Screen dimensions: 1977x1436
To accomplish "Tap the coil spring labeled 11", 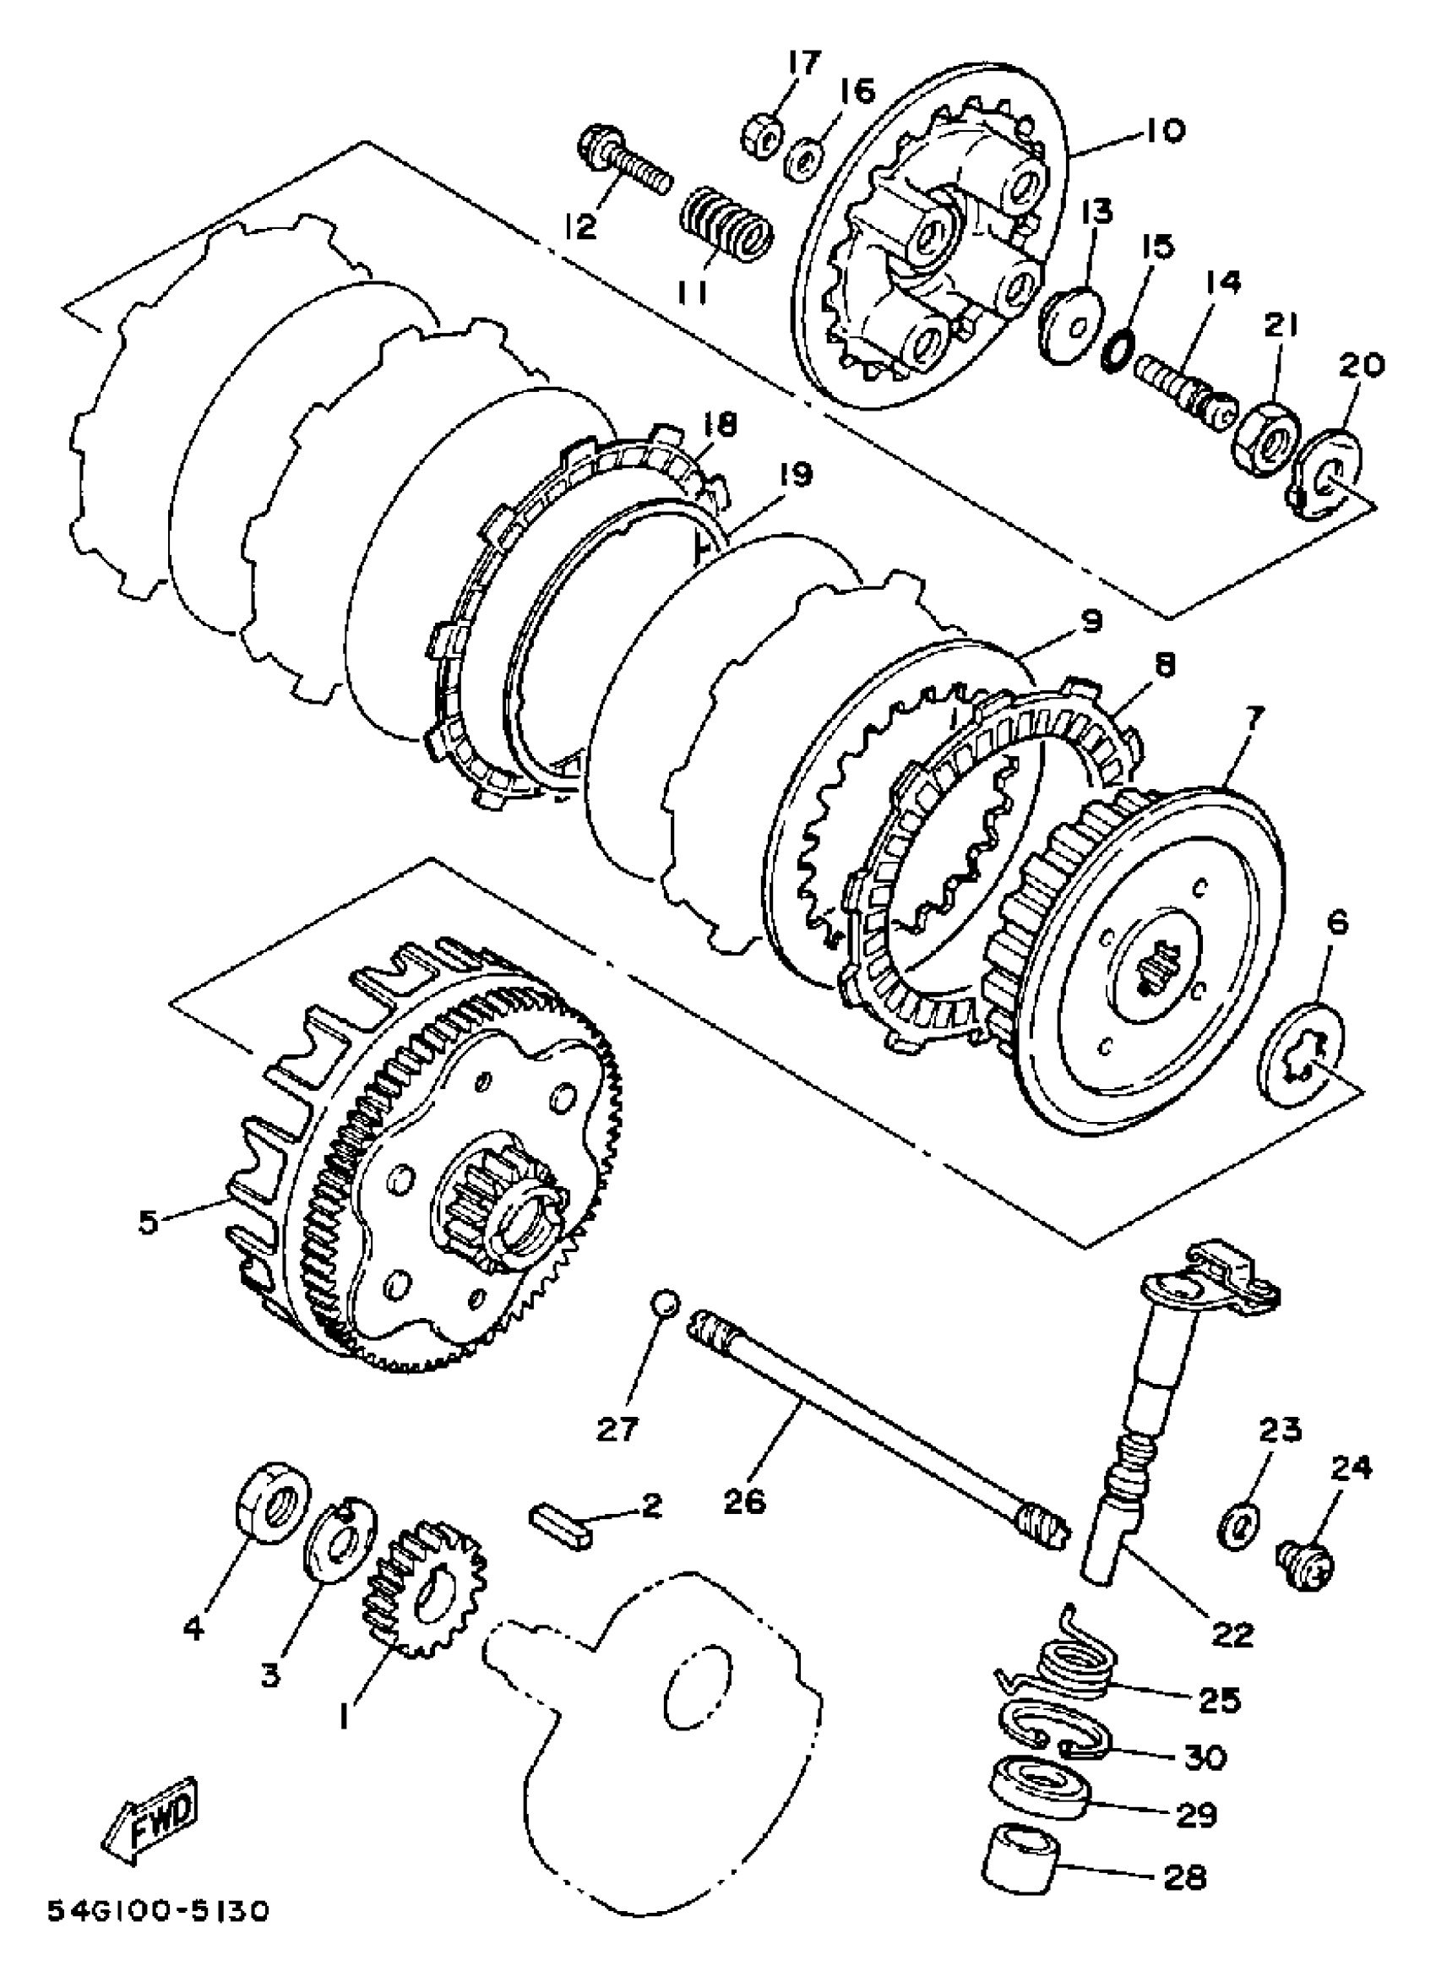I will pos(726,228).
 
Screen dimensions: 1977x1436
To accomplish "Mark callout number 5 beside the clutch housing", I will pos(148,1223).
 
